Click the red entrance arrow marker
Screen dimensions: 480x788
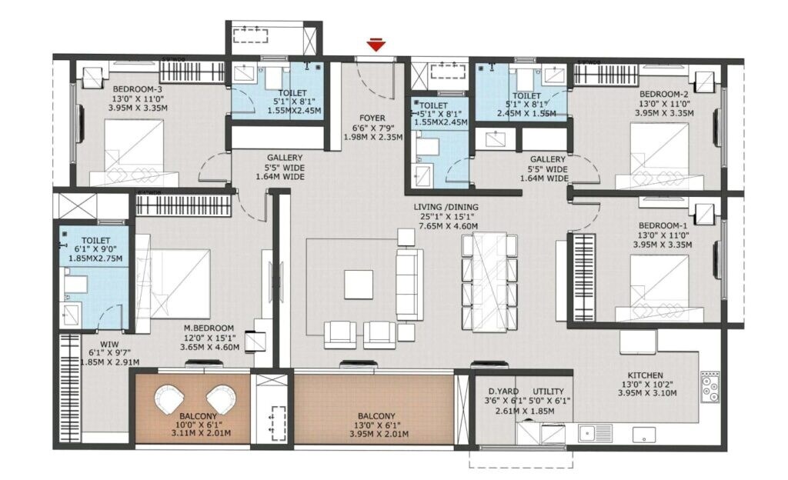click(x=376, y=46)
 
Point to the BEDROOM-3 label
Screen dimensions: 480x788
click(x=137, y=88)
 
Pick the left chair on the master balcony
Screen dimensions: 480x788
click(x=170, y=399)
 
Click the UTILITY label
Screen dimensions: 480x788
click(x=548, y=391)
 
